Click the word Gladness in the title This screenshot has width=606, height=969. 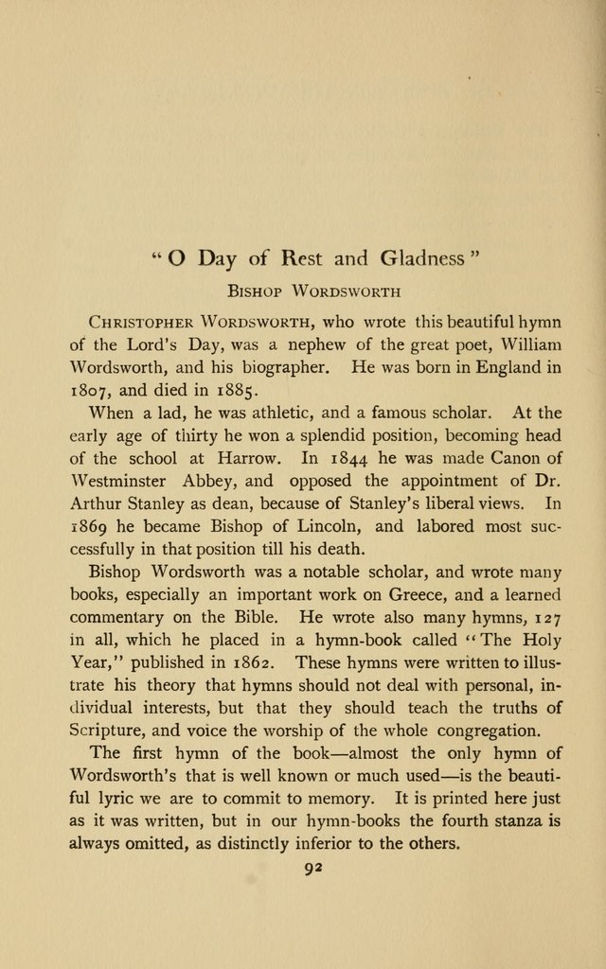point(421,257)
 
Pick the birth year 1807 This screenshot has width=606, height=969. point(94,390)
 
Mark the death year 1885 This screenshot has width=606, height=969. point(228,390)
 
